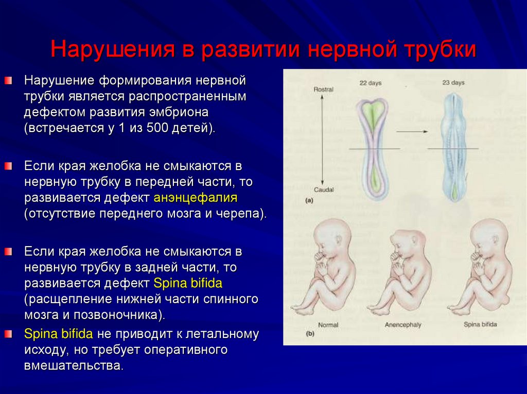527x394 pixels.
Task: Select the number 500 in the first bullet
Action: pyautogui.click(x=155, y=127)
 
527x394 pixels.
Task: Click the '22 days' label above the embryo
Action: pyautogui.click(x=370, y=82)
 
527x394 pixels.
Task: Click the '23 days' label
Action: pyautogui.click(x=453, y=82)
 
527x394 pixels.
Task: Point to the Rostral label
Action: pyautogui.click(x=323, y=89)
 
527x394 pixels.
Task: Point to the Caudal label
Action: pyautogui.click(x=323, y=190)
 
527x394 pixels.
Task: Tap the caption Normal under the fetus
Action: pyautogui.click(x=328, y=325)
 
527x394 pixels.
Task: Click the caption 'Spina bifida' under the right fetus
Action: pyautogui.click(x=480, y=325)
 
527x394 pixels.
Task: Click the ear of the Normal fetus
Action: pyautogui.click(x=338, y=242)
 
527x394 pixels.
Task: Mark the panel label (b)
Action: pyautogui.click(x=310, y=334)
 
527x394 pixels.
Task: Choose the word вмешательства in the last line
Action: pyautogui.click(x=74, y=366)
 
